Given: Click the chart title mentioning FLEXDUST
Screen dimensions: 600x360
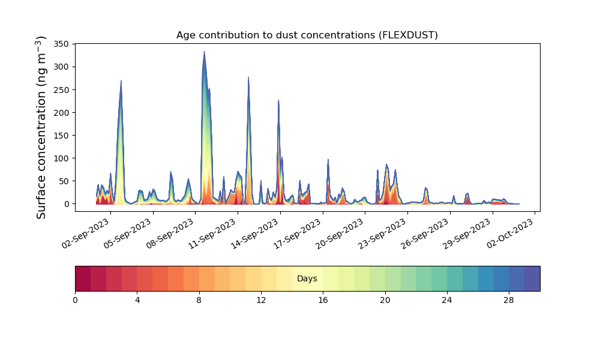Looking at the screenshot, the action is tap(307, 35).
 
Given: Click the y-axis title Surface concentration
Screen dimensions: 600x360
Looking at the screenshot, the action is tap(41, 128).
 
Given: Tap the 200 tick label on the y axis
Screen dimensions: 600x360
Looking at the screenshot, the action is tap(61, 112).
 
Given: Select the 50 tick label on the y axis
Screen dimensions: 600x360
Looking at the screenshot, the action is tap(64, 181).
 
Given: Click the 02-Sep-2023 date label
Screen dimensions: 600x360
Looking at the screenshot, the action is tap(86, 233).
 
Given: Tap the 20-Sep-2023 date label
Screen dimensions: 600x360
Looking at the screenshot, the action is tap(340, 233).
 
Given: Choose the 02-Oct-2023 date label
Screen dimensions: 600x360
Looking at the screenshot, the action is tap(510, 233).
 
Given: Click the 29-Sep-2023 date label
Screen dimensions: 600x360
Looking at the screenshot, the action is tap(467, 233).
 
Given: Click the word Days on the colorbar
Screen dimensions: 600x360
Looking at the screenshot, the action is tap(307, 278).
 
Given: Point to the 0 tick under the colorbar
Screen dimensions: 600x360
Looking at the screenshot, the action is tap(76, 301).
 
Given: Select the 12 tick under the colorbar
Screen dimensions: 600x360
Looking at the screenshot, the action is tap(261, 301).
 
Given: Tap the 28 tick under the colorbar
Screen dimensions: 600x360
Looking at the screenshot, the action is tap(509, 301).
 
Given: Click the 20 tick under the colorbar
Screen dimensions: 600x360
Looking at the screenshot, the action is tap(385, 301).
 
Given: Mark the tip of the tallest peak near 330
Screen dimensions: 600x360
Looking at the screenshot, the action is tap(205, 51).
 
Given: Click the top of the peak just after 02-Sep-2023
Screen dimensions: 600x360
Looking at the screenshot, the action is tap(121, 80).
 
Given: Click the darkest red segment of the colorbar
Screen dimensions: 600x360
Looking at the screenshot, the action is tap(83, 278).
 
